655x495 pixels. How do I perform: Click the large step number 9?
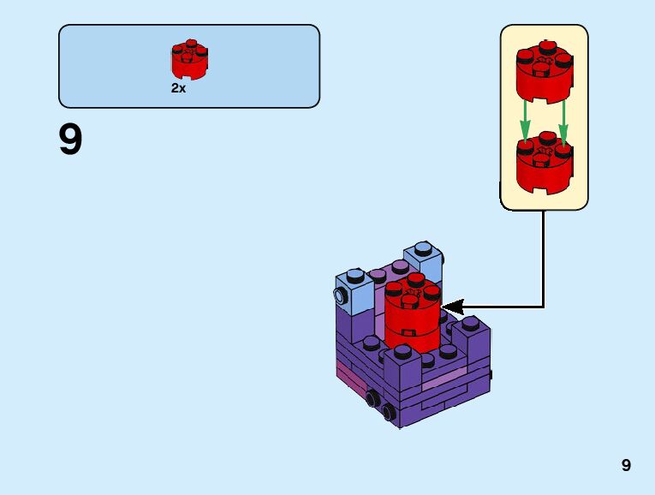pyautogui.click(x=70, y=140)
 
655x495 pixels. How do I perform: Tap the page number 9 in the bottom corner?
pyautogui.click(x=626, y=465)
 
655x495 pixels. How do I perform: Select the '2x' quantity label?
pyautogui.click(x=178, y=88)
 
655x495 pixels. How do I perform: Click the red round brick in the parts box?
pyautogui.click(x=190, y=60)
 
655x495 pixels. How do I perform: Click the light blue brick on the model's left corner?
pyautogui.click(x=354, y=291)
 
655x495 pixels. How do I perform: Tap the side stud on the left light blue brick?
pyautogui.click(x=340, y=297)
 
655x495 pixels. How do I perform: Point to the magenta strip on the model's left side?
pyautogui.click(x=346, y=372)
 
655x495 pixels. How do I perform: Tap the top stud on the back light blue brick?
pyautogui.click(x=423, y=249)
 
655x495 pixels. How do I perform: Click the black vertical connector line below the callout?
pyautogui.click(x=543, y=257)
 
